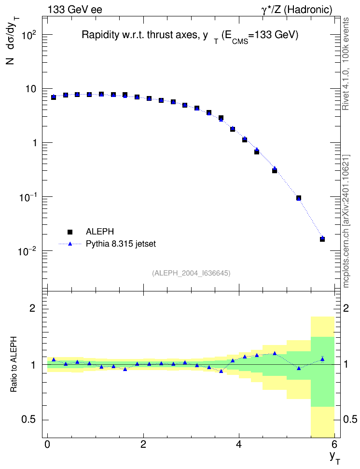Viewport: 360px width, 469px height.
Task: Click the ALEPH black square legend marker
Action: coord(70,232)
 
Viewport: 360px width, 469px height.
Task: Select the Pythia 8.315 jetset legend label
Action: coord(121,244)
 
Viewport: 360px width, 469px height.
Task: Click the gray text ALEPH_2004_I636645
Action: coord(191,273)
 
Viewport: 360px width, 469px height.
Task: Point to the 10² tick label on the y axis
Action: coord(29,36)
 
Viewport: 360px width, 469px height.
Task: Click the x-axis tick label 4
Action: coord(239,444)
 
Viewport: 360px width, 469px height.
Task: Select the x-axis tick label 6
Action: coord(334,444)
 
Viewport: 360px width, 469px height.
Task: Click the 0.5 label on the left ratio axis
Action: coord(29,420)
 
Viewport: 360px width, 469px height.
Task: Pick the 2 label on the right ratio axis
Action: coord(346,308)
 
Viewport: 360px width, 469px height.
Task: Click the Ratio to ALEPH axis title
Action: coord(14,364)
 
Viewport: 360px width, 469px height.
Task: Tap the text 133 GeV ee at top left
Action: coord(75,10)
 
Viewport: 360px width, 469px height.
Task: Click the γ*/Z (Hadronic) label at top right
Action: coord(297,10)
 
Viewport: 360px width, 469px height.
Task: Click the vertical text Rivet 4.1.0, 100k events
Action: coord(346,64)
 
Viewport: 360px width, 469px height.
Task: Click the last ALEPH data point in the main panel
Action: coord(322,239)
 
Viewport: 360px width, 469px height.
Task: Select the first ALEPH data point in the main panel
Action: coord(54,97)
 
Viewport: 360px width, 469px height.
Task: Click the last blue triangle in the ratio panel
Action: coord(322,359)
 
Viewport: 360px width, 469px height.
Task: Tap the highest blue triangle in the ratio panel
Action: coord(275,353)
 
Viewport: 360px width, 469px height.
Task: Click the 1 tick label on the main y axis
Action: coord(35,143)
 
